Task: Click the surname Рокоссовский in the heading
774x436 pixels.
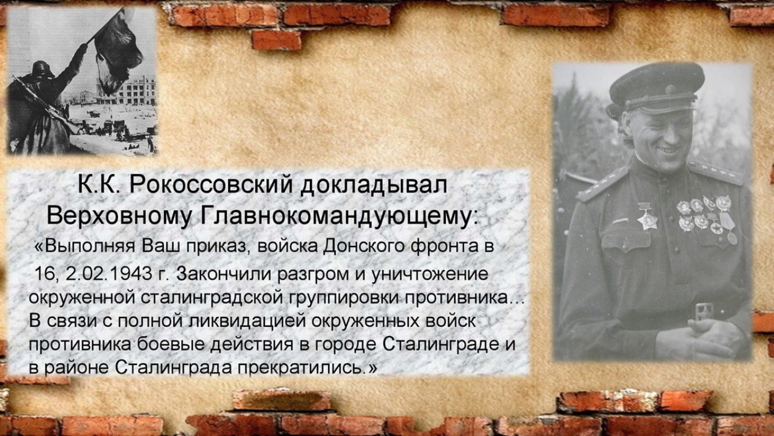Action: pyautogui.click(x=211, y=185)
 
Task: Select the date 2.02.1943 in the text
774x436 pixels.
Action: pyautogui.click(x=109, y=274)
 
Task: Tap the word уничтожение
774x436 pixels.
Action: pyautogui.click(x=429, y=274)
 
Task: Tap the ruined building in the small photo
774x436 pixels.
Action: pyautogui.click(x=126, y=91)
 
